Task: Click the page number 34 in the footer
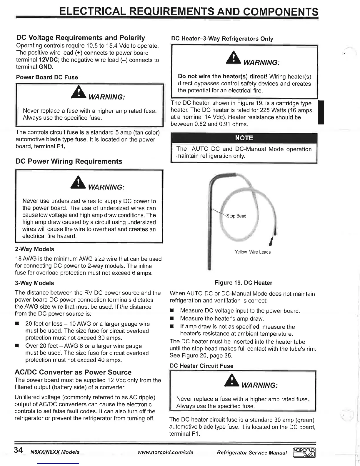point(18,450)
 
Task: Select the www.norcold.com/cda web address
point(165,452)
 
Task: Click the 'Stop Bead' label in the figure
point(236,216)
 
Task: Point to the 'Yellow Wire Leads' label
point(253,252)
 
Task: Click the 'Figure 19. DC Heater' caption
point(243,283)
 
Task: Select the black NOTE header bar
point(244,138)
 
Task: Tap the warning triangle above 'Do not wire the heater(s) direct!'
point(234,58)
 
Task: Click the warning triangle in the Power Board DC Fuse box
point(78,92)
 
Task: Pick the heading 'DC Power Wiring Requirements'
point(69,161)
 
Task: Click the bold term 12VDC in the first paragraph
point(49,60)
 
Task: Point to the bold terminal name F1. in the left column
point(61,147)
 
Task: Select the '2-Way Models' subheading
point(34,249)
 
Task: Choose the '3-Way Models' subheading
point(34,283)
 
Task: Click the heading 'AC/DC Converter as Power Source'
point(73,372)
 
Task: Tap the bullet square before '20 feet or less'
point(17,324)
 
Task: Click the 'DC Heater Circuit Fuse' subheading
point(201,366)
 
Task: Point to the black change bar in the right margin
point(321,112)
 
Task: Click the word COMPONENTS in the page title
point(281,12)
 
